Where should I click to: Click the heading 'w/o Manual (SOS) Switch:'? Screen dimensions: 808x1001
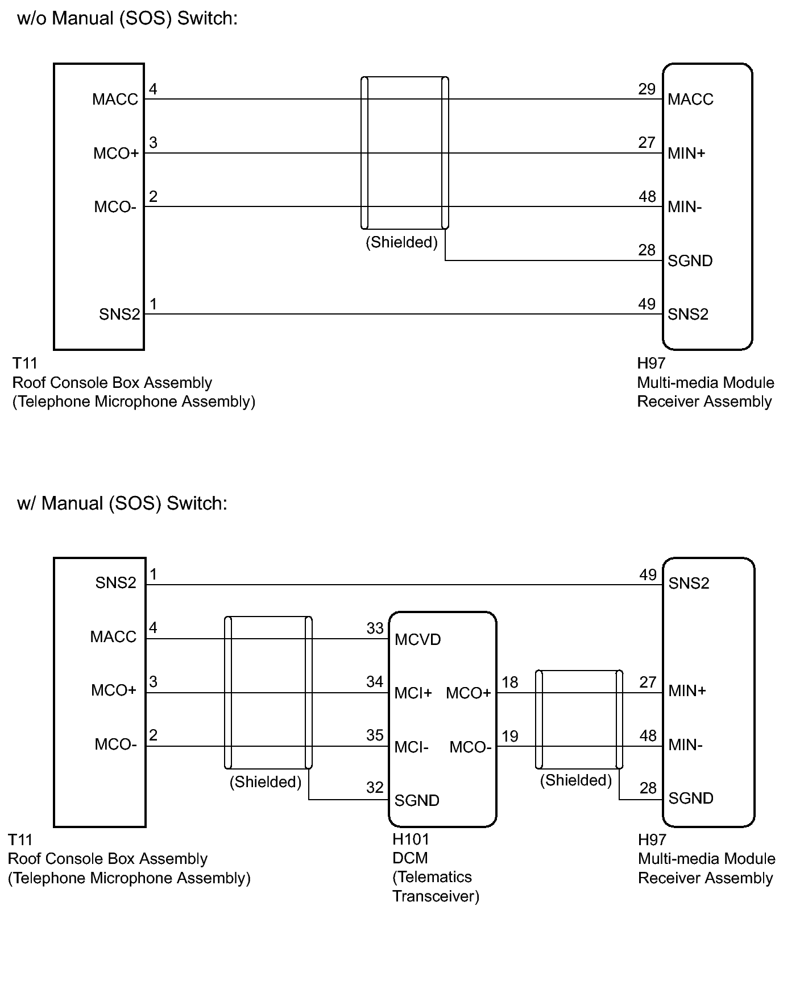pos(127,19)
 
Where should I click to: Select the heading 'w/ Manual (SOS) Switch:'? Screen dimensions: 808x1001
pos(122,503)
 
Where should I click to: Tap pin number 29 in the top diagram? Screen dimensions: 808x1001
pos(647,89)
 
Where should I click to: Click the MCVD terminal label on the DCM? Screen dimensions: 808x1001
pos(418,640)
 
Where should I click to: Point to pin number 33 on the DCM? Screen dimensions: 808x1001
pos(375,628)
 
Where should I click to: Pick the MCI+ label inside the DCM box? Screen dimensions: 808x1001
pos(413,693)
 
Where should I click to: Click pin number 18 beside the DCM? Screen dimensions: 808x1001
pos(510,682)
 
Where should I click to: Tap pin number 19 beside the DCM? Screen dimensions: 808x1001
pos(510,737)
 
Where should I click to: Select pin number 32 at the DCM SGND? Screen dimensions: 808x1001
pos(375,787)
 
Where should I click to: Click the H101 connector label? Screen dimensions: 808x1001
pos(411,839)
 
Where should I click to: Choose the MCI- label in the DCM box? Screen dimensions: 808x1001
pos(412,747)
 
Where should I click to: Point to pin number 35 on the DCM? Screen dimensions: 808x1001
pos(375,735)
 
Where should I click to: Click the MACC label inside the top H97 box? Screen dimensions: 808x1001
pos(690,100)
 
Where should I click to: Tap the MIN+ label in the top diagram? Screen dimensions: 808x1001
pos(686,153)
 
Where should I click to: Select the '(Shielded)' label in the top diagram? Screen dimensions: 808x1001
pos(401,243)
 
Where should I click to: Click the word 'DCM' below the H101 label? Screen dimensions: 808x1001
pos(410,858)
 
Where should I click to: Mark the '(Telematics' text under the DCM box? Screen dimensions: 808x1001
pos(432,877)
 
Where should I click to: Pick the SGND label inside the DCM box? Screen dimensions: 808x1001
pos(417,801)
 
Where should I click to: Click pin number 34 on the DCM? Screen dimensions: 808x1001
pos(375,681)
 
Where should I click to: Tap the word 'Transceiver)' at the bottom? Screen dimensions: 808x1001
pos(436,896)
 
